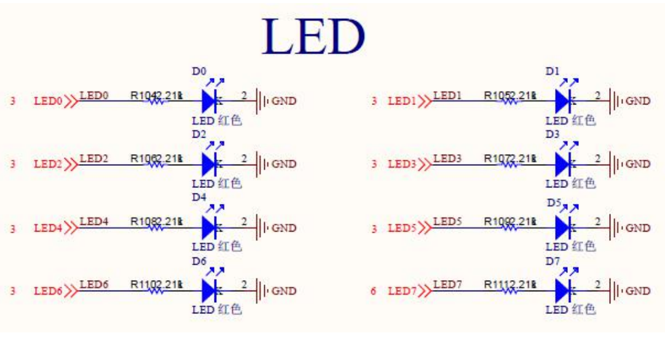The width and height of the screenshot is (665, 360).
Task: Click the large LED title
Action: pyautogui.click(x=313, y=37)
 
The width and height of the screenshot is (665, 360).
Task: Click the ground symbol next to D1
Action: pyautogui.click(x=615, y=100)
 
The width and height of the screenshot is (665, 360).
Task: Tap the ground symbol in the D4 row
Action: pyautogui.click(x=261, y=228)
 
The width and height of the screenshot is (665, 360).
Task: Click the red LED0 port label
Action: pyautogui.click(x=48, y=101)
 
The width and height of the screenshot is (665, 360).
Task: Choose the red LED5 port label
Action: pyautogui.click(x=402, y=229)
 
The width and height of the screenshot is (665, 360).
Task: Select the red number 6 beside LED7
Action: pyautogui.click(x=373, y=291)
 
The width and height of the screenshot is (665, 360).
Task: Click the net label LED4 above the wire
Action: pyautogui.click(x=94, y=221)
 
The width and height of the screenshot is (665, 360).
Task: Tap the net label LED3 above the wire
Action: pyautogui.click(x=447, y=157)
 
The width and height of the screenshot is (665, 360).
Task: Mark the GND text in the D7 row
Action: pyautogui.click(x=637, y=291)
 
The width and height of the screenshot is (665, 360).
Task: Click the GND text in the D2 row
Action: pyautogui.click(x=284, y=164)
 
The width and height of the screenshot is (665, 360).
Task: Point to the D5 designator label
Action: pyautogui.click(x=551, y=201)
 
